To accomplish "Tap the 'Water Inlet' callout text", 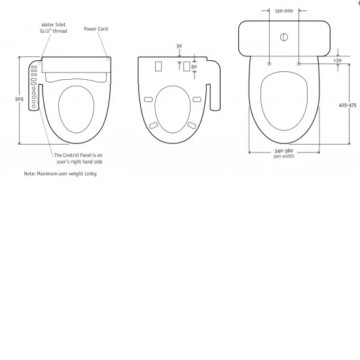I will (53, 24).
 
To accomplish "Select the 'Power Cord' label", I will (96, 29).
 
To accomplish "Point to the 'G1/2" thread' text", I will (53, 31).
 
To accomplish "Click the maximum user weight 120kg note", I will (56, 173).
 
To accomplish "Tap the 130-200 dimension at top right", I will (283, 11).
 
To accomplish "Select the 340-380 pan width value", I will (283, 151).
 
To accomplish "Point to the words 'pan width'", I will (283, 156).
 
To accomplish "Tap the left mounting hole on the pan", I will (269, 63).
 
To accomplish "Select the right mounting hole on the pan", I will (298, 63).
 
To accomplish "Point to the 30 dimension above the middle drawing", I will (179, 46).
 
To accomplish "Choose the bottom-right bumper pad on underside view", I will (192, 124).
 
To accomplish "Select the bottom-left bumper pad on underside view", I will (154, 124).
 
